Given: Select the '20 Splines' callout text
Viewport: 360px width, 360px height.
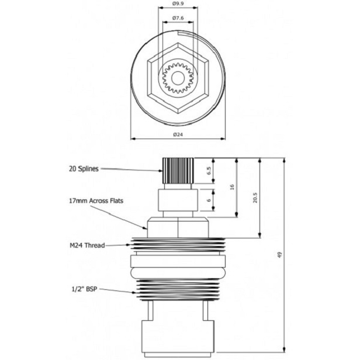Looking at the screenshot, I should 84,168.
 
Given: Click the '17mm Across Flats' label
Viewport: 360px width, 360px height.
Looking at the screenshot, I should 96,200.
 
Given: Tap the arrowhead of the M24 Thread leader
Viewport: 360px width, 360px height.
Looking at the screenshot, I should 131,245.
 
